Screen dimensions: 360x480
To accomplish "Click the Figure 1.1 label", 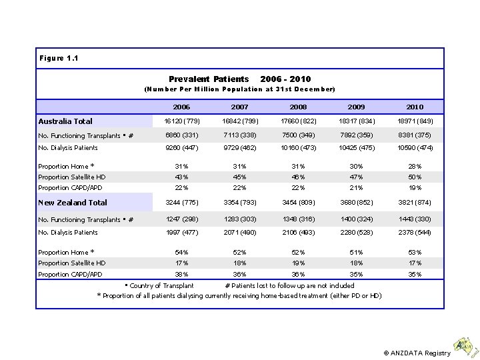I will click(x=59, y=58).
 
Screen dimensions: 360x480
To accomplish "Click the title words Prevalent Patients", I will click(x=209, y=79).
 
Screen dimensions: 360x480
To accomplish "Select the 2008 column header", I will click(x=298, y=107).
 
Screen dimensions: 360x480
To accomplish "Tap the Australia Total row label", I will click(x=65, y=121).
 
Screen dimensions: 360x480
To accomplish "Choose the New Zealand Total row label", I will click(x=73, y=203).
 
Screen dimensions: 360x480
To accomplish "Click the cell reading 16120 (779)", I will click(x=181, y=121).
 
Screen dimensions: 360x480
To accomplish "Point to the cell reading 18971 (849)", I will click(x=415, y=121).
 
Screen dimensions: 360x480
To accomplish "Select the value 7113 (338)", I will click(x=239, y=135).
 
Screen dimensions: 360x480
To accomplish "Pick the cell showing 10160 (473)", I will click(x=298, y=148).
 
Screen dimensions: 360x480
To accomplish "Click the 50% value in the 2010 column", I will click(x=415, y=177).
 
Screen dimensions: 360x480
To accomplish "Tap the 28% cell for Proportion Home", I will click(x=415, y=167).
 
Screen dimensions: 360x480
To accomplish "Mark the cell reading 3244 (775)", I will click(x=181, y=203).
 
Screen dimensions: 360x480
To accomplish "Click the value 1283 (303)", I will click(x=239, y=219).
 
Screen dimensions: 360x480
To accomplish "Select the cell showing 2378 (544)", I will click(x=415, y=233).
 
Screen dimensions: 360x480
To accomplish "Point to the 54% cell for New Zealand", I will click(x=181, y=253).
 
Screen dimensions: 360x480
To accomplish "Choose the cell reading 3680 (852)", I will click(x=356, y=203).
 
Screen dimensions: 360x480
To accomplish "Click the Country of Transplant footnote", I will click(x=161, y=285).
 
